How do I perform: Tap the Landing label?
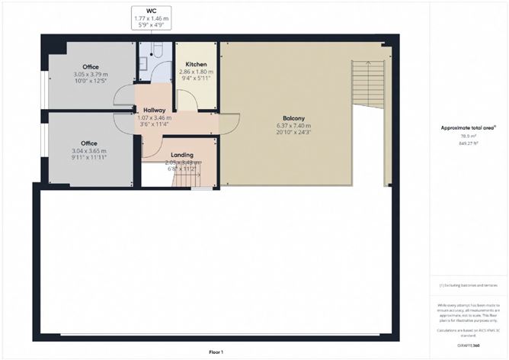[181, 155]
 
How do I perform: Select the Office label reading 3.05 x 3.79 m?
[90, 67]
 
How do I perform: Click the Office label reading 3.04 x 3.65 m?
[89, 143]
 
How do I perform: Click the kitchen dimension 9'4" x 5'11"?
[196, 79]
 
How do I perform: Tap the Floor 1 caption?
[216, 352]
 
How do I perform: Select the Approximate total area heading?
[468, 127]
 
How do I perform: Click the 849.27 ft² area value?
[468, 143]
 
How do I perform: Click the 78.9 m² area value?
[468, 136]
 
